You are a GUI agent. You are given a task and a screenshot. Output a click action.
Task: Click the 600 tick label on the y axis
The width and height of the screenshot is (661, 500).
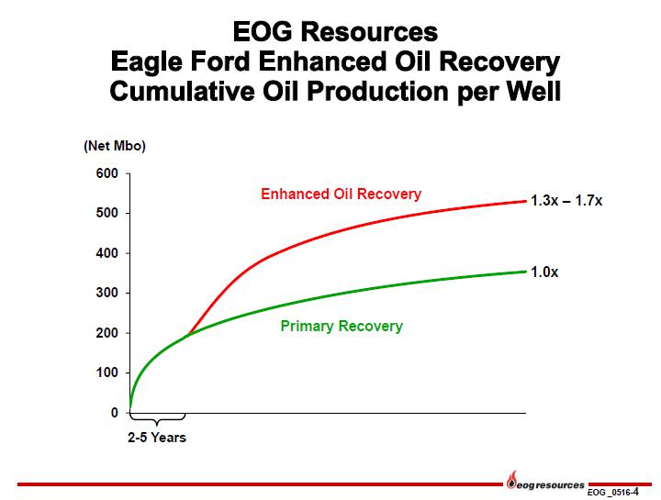[107, 173]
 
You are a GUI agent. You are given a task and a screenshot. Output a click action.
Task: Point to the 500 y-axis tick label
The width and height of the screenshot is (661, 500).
[107, 213]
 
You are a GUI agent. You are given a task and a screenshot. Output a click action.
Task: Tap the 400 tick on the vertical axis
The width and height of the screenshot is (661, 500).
[107, 253]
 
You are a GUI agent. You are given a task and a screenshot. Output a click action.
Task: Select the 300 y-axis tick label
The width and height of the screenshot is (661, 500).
[107, 293]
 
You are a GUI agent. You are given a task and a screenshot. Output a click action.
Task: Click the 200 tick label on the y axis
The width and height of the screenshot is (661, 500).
[107, 333]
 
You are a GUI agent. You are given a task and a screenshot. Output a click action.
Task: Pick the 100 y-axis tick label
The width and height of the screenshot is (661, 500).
[107, 372]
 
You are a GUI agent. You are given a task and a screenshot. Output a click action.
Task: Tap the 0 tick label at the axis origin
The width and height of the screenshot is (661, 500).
[114, 413]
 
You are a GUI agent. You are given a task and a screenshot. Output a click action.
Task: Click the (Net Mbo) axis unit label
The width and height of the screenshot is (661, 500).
[115, 146]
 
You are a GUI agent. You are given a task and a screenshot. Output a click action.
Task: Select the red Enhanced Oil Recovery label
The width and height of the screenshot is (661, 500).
[341, 194]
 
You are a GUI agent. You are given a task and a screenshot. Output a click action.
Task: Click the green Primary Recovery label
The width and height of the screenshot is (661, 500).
[342, 326]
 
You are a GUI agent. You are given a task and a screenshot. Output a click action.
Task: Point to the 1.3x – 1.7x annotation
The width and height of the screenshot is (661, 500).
[566, 201]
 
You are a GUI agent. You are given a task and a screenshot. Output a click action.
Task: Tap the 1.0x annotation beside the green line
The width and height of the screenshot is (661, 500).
[544, 272]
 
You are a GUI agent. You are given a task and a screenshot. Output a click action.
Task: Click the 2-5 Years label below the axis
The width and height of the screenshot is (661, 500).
[157, 438]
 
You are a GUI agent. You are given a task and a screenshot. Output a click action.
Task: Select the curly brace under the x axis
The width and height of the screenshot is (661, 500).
[157, 419]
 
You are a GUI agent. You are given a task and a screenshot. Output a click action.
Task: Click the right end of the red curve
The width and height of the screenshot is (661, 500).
[526, 201]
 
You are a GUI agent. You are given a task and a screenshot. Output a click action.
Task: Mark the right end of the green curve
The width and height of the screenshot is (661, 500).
[526, 272]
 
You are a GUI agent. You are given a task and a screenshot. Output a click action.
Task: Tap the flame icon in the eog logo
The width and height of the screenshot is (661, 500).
[512, 480]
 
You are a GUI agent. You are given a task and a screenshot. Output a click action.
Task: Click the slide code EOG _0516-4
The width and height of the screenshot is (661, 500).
[613, 492]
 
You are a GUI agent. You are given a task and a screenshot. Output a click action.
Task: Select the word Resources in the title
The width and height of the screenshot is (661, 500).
[369, 32]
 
